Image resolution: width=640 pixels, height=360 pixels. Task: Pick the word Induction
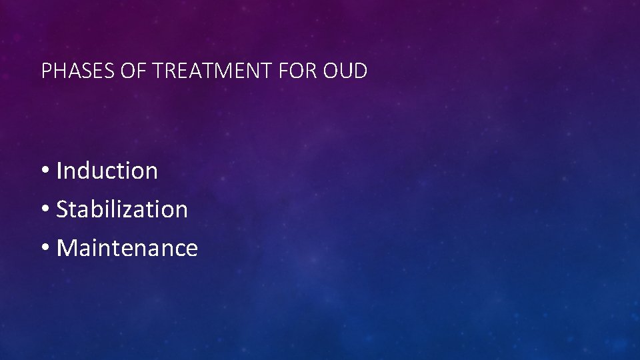pyautogui.click(x=107, y=171)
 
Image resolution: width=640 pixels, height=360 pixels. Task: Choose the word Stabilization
pyautogui.click(x=122, y=209)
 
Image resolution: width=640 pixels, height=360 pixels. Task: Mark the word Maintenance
pyautogui.click(x=127, y=248)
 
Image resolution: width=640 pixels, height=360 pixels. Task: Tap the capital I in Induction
pyautogui.click(x=59, y=171)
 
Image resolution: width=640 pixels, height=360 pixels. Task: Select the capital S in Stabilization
pyautogui.click(x=62, y=209)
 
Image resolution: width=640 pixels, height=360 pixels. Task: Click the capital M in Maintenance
pyautogui.click(x=67, y=248)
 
